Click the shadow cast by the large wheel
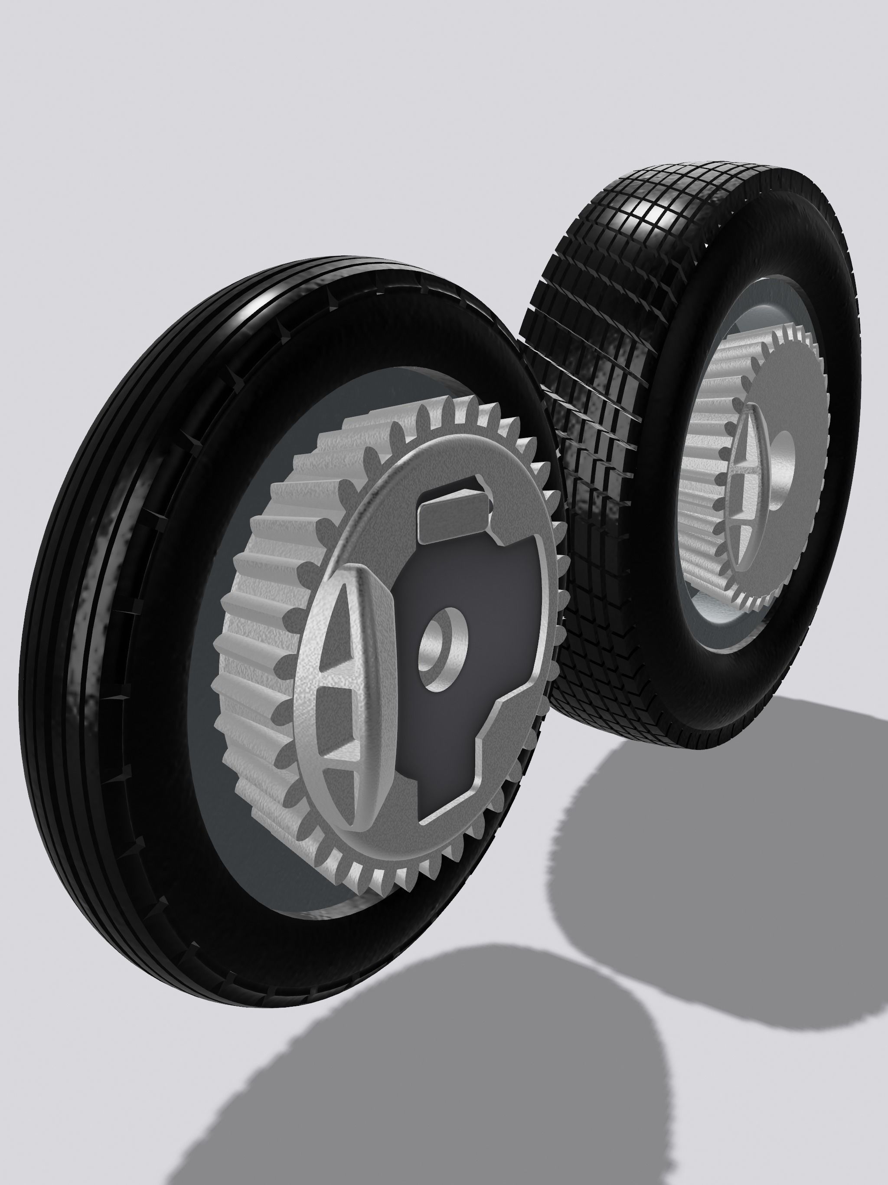[428, 1071]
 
